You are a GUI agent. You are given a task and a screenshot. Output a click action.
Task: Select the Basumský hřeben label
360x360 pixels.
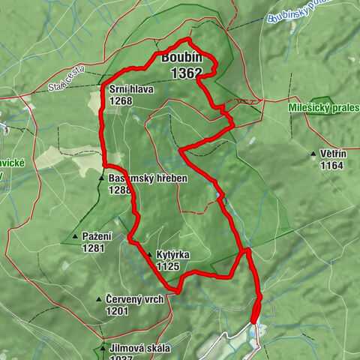[147, 179]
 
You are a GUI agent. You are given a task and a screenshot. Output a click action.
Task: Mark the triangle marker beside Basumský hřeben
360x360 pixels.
[100, 179]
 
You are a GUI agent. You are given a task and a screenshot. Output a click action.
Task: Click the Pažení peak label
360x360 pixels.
[97, 237]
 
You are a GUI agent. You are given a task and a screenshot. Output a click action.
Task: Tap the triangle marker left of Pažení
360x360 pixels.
[75, 238]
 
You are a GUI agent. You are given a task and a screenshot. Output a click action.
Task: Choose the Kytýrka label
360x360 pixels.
[173, 255]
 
